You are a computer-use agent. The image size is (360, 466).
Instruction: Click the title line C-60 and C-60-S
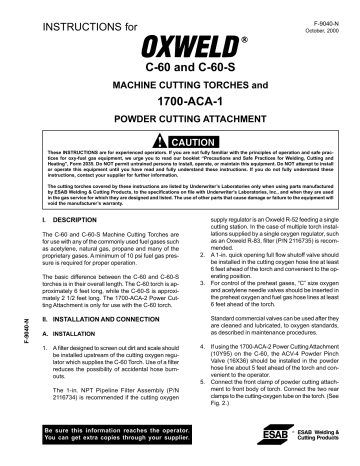click(x=180, y=70)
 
